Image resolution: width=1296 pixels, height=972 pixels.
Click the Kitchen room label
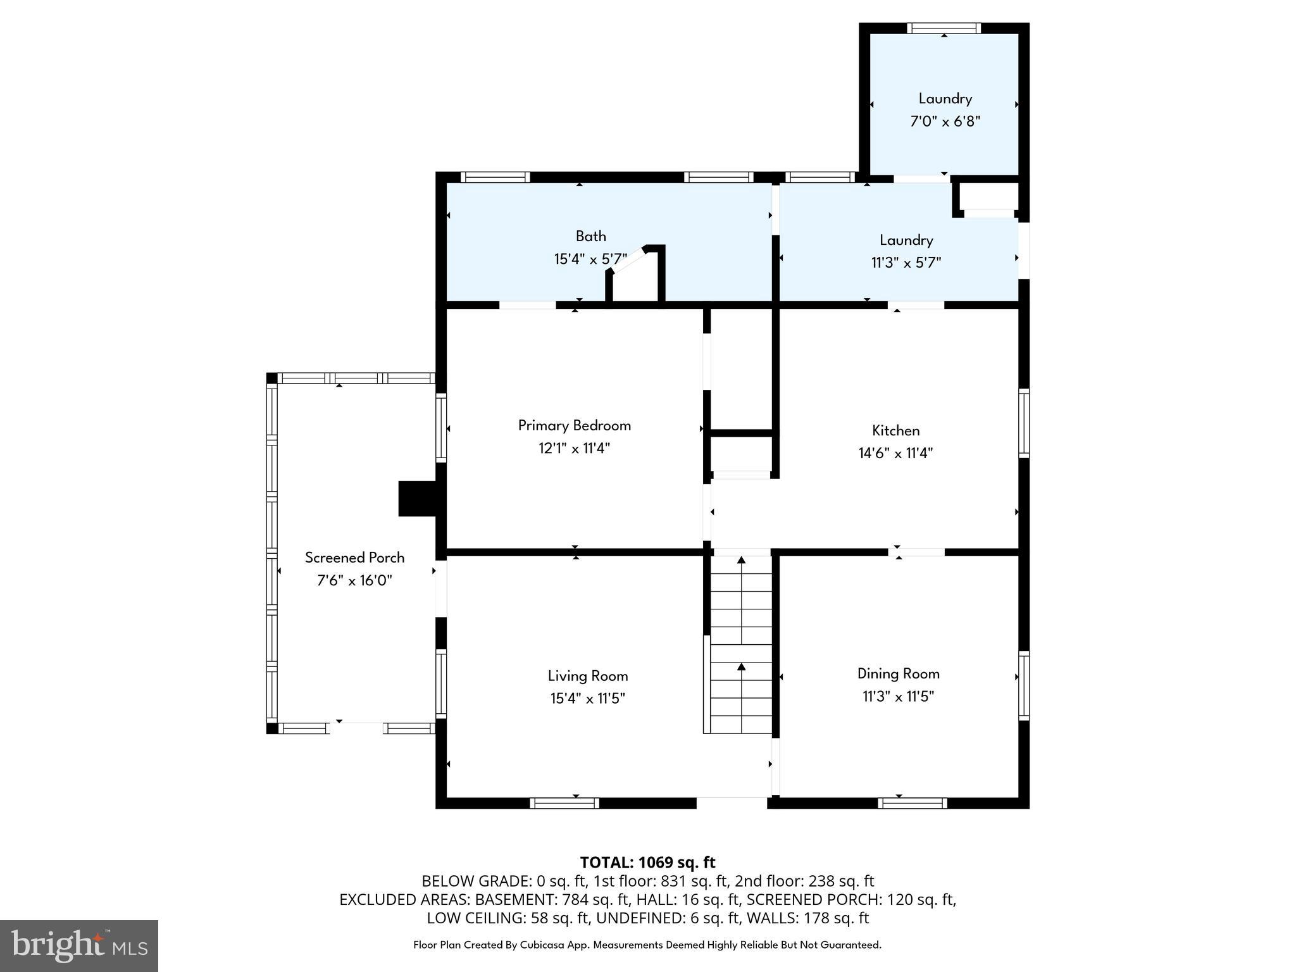tap(895, 431)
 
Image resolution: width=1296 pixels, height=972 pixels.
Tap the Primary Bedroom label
tap(574, 426)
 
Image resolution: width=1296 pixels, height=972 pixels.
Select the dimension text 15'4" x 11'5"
tap(587, 699)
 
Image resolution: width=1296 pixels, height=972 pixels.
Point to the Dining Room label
tap(898, 674)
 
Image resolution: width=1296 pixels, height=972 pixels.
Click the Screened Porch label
tap(354, 558)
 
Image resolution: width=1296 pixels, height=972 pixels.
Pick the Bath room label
tap(590, 237)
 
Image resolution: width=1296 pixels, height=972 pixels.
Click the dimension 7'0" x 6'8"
tap(945, 121)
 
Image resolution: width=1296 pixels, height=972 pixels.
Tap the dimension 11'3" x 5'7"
tap(906, 263)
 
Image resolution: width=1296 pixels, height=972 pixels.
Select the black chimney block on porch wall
tap(417, 499)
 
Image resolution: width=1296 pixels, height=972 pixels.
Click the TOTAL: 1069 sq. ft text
tap(647, 863)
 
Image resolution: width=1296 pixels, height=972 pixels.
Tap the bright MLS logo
tap(78, 945)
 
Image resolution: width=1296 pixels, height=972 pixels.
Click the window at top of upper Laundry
tap(944, 28)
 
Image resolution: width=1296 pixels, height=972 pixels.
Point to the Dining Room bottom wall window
tap(912, 803)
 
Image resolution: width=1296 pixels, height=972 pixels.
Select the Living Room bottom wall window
tap(564, 803)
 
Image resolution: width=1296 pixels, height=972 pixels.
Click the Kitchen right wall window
tap(1023, 423)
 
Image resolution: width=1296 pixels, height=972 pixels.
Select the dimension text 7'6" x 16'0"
tap(354, 581)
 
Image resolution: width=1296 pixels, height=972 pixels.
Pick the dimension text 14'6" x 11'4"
tap(895, 454)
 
